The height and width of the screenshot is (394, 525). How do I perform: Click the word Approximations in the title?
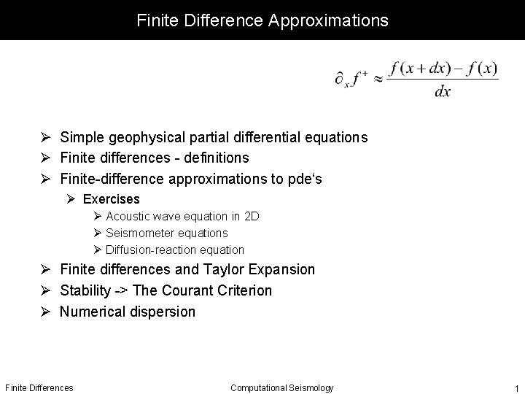tap(328, 20)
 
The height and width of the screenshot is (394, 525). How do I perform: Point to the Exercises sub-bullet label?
tap(111, 199)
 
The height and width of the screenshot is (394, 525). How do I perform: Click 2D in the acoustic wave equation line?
tap(252, 216)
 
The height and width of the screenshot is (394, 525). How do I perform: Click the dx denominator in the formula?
tap(442, 92)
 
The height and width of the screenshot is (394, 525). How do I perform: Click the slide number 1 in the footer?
tap(516, 388)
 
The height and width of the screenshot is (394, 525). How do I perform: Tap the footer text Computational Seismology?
tap(281, 387)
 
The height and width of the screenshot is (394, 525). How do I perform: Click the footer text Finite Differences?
tap(39, 387)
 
